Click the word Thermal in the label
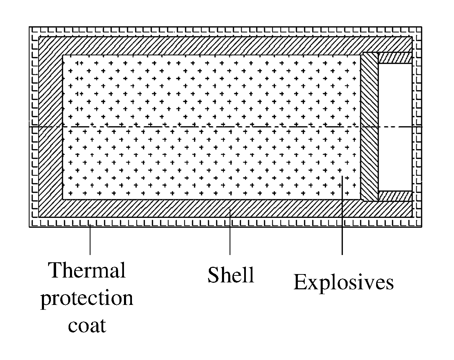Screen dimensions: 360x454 point(87,271)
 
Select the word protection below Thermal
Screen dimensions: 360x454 point(87,298)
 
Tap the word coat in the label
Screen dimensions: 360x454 point(87,326)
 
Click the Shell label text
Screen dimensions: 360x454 point(231,275)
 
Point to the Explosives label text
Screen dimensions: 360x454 point(344,282)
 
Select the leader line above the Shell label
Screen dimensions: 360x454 point(230,234)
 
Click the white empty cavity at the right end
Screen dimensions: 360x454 point(395,104)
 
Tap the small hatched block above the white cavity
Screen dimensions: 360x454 point(395,58)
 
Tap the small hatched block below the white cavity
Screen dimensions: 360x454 point(395,196)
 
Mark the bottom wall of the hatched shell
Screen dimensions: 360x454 point(208,209)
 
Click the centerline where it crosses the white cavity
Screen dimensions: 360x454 point(395,127)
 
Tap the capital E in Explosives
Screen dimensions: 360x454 point(299,282)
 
